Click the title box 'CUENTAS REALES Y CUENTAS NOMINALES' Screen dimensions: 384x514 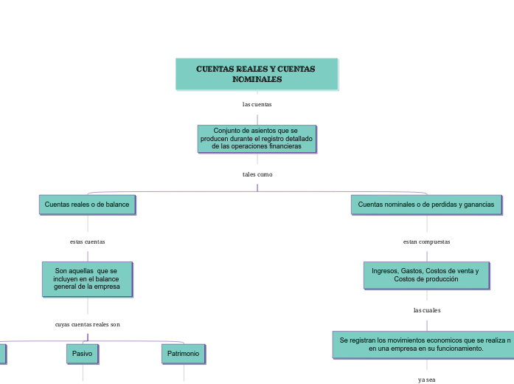point(256,74)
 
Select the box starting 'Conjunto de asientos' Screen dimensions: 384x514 point(257,138)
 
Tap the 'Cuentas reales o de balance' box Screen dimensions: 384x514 point(87,205)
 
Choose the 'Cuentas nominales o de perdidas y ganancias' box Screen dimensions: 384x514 point(426,205)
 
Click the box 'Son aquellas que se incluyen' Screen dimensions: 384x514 point(87,279)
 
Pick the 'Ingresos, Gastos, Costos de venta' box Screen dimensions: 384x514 point(426,275)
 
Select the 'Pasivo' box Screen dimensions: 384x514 point(83,354)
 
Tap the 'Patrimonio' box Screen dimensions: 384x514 point(183,354)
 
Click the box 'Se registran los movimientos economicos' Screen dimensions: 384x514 point(423,344)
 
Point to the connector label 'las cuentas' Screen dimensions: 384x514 point(257,104)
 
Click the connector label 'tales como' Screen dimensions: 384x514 point(257,174)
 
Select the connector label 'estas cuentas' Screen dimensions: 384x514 point(87,241)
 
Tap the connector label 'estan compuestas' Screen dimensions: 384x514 point(426,241)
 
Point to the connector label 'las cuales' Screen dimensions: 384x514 point(426,310)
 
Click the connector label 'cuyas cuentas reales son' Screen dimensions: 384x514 point(87,324)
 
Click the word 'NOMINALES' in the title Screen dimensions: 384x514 point(257,79)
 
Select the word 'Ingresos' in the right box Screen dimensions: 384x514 point(385,271)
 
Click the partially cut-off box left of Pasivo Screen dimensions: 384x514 point(2,354)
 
